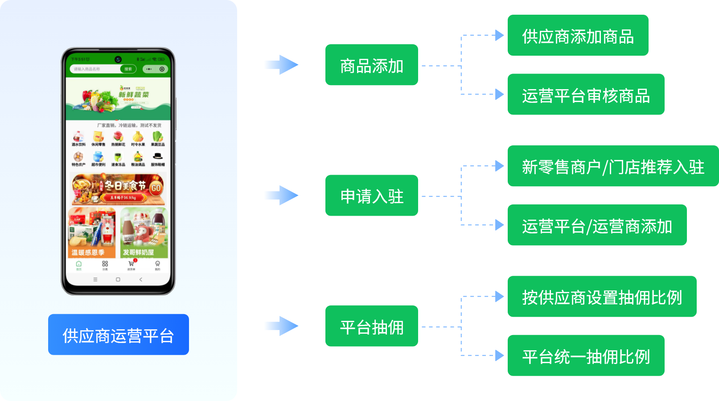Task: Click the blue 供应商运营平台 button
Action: pos(118,335)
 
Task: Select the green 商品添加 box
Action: pos(371,65)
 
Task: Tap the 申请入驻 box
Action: pos(371,196)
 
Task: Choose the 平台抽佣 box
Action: pos(371,326)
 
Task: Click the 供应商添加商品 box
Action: pos(578,36)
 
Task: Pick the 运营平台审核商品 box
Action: pos(586,94)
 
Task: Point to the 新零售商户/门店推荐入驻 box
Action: pos(613,166)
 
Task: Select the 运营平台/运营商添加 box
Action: pos(597,225)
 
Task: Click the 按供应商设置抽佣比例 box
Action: pos(602,297)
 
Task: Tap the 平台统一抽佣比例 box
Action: pos(586,356)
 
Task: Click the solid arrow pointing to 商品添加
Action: pos(281,65)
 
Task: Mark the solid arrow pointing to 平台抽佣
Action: pos(281,326)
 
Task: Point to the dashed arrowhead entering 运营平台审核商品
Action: pos(500,94)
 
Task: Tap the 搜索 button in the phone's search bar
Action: pos(128,69)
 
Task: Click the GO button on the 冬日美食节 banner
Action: pos(156,188)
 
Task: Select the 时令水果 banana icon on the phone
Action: pos(138,137)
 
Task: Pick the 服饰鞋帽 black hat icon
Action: pos(157,156)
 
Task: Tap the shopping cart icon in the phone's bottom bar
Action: pos(131,264)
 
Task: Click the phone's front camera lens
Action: pos(118,59)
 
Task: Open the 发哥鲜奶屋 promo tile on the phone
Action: pos(144,233)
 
